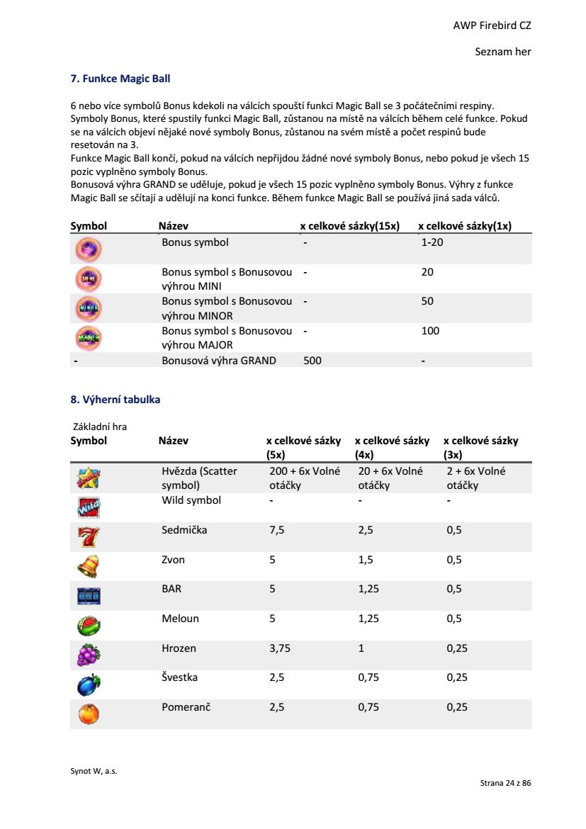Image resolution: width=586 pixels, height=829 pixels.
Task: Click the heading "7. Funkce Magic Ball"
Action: pos(120,78)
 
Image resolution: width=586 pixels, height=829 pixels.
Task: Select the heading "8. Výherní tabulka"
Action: pos(115,400)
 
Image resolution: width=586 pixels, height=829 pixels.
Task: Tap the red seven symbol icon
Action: pos(88,538)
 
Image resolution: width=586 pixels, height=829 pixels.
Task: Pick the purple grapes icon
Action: pos(88,655)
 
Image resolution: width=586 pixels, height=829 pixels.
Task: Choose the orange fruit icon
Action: pos(88,714)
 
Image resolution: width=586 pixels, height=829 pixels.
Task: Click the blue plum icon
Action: pos(88,684)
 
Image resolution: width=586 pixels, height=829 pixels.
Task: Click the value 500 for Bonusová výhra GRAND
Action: pos(312,361)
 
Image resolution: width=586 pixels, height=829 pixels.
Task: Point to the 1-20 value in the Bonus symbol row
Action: pos(432,242)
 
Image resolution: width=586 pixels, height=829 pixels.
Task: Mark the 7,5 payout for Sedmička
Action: pos(277,530)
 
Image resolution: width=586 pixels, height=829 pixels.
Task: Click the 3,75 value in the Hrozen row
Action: pos(280,648)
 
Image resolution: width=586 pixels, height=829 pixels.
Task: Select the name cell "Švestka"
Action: pos(179,677)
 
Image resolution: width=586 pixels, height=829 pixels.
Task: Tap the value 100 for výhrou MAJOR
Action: pos(430,331)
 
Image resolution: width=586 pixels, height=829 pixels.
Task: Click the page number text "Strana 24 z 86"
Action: pos(505,783)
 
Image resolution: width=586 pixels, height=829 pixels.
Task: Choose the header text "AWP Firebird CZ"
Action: pos(492,26)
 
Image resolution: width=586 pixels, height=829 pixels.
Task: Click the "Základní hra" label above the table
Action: pos(100,427)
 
